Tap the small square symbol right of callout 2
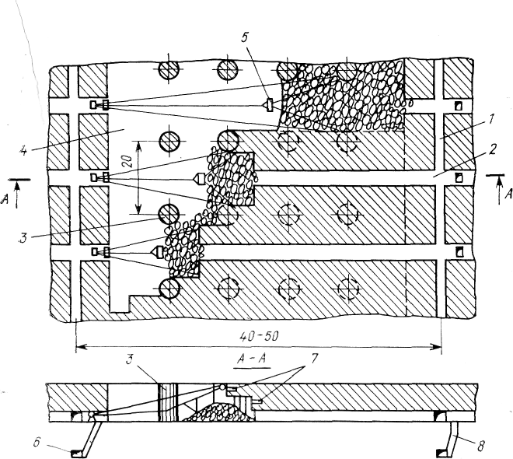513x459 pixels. click(x=459, y=178)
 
